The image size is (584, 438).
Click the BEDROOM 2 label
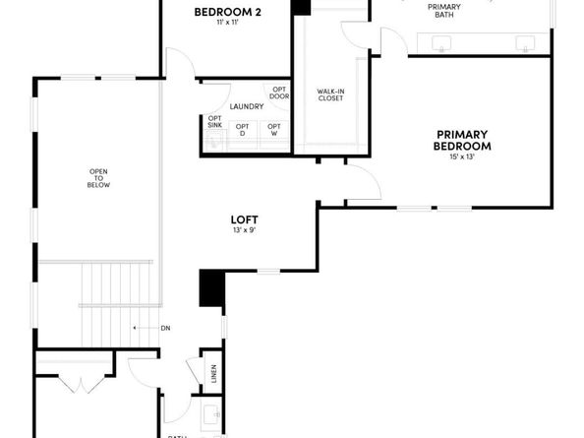coord(227,13)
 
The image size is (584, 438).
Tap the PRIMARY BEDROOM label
coord(462,140)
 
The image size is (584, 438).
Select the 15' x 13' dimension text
coord(462,156)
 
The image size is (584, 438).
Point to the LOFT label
coord(244,219)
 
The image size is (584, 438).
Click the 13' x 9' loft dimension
coord(244,230)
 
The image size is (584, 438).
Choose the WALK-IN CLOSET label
coord(329,94)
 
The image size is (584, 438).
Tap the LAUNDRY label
coord(245,106)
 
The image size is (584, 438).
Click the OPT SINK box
coord(215,122)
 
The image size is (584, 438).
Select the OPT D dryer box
coord(242,130)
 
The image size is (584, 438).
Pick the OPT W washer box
coord(274,130)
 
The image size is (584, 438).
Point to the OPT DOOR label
coord(279,93)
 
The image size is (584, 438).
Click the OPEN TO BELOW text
coord(98,177)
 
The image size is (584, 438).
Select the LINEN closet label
coord(213,374)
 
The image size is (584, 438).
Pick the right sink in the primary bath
coord(526,42)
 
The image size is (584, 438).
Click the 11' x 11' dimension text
coord(227,24)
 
